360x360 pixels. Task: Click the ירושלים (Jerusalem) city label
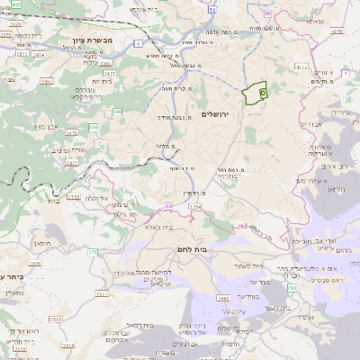pos(217,114)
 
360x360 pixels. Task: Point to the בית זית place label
pos(94,80)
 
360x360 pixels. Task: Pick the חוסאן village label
pos(40,243)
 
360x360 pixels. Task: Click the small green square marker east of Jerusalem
pos(262,91)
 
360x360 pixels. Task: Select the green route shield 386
pos(119,112)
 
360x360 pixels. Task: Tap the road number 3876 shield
pos(35,264)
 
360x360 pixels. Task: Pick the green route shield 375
pos(93,253)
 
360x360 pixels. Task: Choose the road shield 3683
pos(224,298)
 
